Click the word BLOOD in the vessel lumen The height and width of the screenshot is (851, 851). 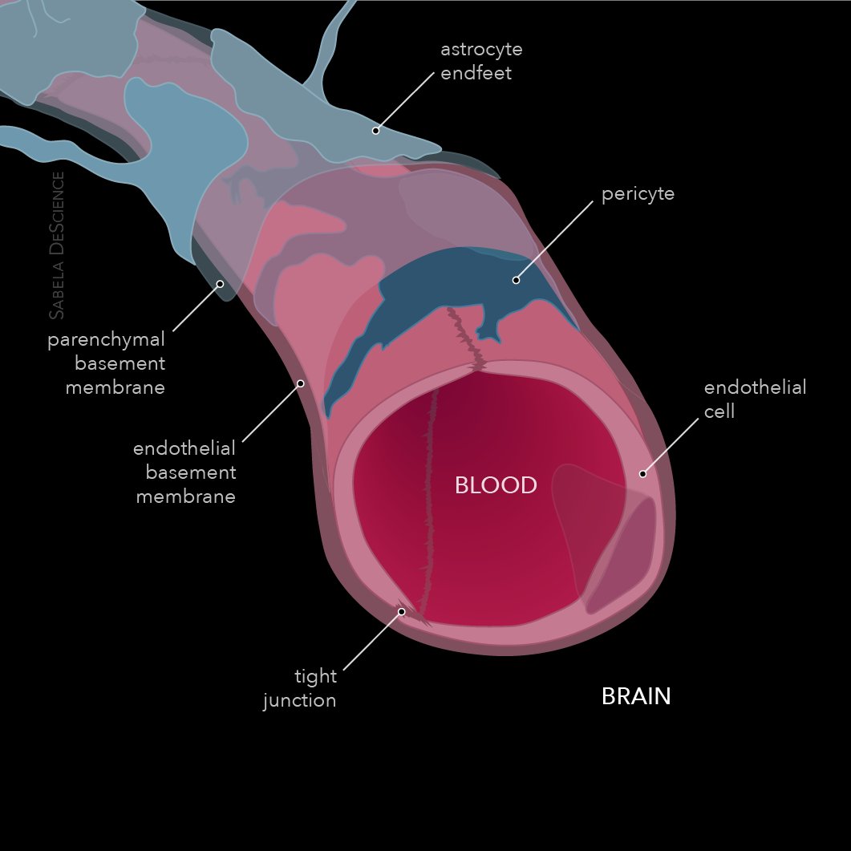pyautogui.click(x=496, y=485)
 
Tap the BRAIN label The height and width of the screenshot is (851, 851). pyautogui.click(x=636, y=696)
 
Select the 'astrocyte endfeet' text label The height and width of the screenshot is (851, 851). pyautogui.click(x=481, y=61)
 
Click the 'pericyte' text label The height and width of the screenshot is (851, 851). pyautogui.click(x=638, y=194)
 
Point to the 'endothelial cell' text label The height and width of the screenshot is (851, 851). pyautogui.click(x=755, y=399)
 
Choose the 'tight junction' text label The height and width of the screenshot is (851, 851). pyautogui.click(x=300, y=688)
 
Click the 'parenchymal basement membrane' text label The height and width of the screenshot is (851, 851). pyautogui.click(x=107, y=363)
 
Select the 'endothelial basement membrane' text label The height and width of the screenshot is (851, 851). pyautogui.click(x=184, y=472)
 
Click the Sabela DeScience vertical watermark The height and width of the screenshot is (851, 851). pyautogui.click(x=56, y=245)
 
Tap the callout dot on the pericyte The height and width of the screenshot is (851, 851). pyautogui.click(x=517, y=280)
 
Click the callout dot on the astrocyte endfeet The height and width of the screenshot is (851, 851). pyautogui.click(x=375, y=131)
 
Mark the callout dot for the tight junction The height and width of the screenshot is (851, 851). pyautogui.click(x=402, y=612)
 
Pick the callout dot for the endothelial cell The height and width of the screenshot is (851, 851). pyautogui.click(x=642, y=474)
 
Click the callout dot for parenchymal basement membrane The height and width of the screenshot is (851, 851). pyautogui.click(x=220, y=284)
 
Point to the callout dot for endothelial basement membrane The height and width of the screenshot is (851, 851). pyautogui.click(x=301, y=383)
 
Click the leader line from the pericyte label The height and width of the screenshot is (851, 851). pyautogui.click(x=555, y=241)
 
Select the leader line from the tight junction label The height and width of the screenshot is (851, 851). pyautogui.click(x=373, y=641)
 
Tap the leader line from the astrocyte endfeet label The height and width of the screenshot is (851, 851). pyautogui.click(x=405, y=102)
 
